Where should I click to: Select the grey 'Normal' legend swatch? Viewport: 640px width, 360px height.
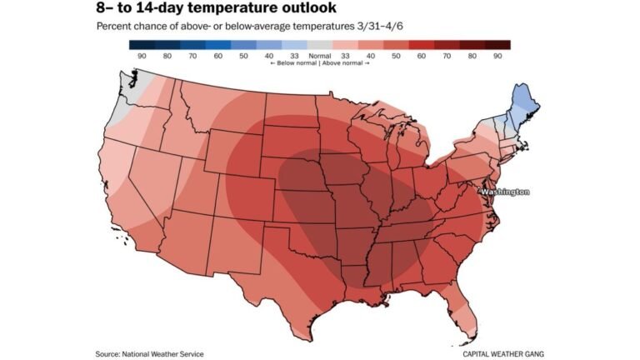click(x=319, y=44)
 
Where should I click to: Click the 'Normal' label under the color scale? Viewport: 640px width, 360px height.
click(x=319, y=56)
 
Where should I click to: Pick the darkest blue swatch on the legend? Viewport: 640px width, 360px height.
click(x=142, y=44)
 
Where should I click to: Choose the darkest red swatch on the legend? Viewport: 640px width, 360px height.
click(x=497, y=44)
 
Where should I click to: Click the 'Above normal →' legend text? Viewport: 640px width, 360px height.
click(x=343, y=64)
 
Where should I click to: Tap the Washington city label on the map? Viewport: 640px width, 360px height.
click(x=505, y=192)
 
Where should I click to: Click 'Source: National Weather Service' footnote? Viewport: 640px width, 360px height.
click(x=149, y=354)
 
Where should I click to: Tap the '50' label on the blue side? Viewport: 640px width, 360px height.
click(x=243, y=56)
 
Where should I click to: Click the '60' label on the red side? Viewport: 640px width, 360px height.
click(x=420, y=56)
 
